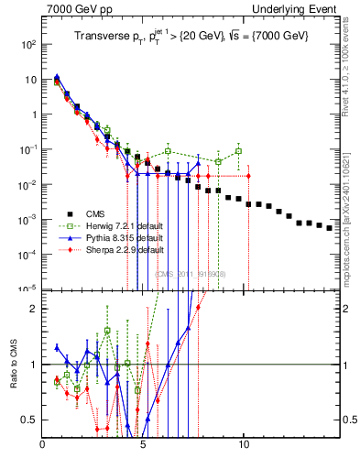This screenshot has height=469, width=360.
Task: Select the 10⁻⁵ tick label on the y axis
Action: click(x=29, y=289)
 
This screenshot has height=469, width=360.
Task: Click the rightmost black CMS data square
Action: click(x=330, y=254)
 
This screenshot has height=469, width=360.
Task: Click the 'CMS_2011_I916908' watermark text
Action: click(x=190, y=274)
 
